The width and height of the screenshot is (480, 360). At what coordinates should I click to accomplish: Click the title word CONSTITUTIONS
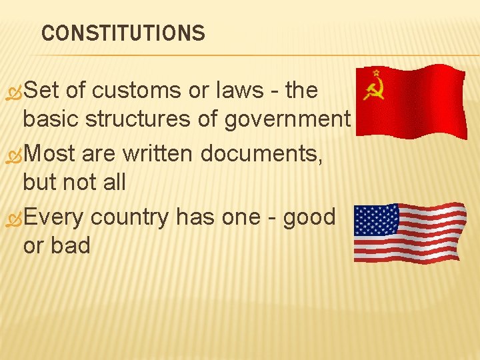click(123, 33)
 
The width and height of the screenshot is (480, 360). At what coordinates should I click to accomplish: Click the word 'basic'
click(51, 120)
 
